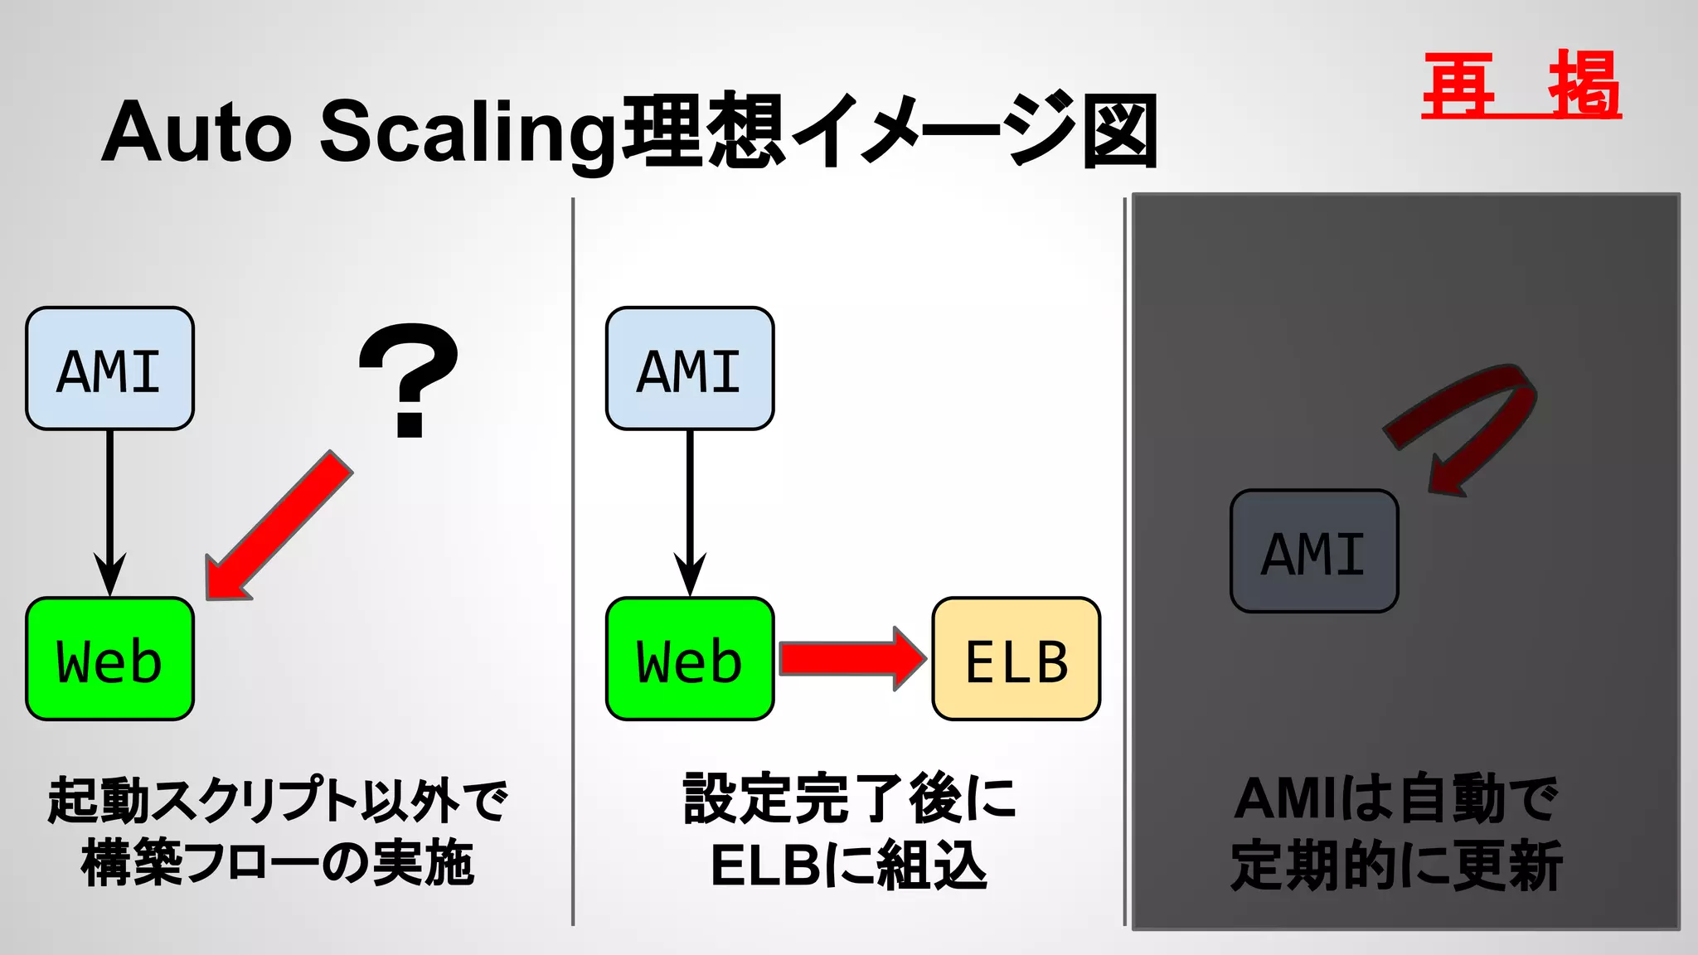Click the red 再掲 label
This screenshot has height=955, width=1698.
click(x=1521, y=85)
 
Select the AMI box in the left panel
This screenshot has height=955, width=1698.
click(x=109, y=369)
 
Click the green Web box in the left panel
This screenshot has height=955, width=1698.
click(x=109, y=659)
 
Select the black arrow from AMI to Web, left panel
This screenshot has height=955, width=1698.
click(x=109, y=506)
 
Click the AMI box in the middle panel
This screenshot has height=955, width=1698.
click(x=689, y=369)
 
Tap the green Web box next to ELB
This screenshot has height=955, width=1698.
click(x=689, y=659)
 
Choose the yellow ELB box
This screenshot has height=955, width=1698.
click(x=1016, y=659)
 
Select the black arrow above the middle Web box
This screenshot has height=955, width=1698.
click(x=689, y=506)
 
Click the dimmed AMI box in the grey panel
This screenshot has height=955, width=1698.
click(x=1314, y=551)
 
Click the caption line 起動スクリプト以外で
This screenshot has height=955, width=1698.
click(x=278, y=800)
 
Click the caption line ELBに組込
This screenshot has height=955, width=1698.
click(x=848, y=865)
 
